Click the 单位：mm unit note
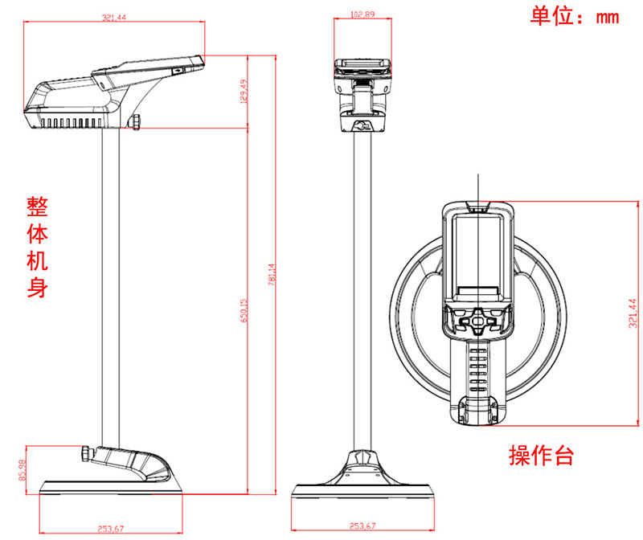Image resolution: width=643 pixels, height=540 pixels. click(x=574, y=17)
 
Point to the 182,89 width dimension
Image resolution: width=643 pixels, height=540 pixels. click(x=363, y=14)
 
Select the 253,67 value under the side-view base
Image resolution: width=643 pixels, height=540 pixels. click(x=111, y=527)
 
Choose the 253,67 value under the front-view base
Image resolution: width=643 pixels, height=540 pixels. click(x=364, y=526)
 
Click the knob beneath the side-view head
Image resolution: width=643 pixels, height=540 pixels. click(x=137, y=121)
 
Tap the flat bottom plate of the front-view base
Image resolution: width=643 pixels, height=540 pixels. click(x=364, y=490)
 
